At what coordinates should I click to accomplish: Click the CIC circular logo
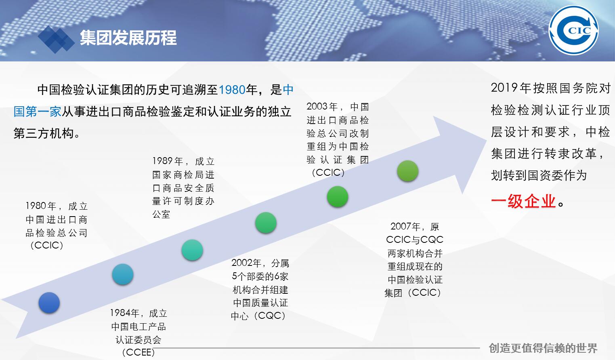click(573, 30)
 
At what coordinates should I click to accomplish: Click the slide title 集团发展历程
click(128, 38)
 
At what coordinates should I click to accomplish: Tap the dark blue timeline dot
click(49, 303)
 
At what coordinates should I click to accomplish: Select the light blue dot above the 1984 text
click(123, 274)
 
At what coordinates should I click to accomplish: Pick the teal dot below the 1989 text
click(192, 250)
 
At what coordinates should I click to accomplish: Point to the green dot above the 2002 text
click(266, 223)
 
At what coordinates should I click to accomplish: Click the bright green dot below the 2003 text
click(338, 197)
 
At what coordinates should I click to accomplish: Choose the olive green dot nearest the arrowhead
click(408, 171)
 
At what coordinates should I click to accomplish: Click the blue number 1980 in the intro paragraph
click(232, 90)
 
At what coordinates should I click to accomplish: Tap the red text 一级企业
click(524, 201)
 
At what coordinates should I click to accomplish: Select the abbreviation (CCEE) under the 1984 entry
click(139, 352)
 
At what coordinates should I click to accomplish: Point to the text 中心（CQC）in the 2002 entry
click(258, 316)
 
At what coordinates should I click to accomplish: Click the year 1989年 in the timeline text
click(168, 161)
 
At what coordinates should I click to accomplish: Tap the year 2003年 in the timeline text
click(322, 107)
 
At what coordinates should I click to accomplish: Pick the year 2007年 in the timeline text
click(405, 226)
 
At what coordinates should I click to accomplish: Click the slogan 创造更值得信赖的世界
click(543, 348)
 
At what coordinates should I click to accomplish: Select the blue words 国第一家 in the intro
click(37, 112)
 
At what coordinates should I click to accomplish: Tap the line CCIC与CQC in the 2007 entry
click(415, 240)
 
